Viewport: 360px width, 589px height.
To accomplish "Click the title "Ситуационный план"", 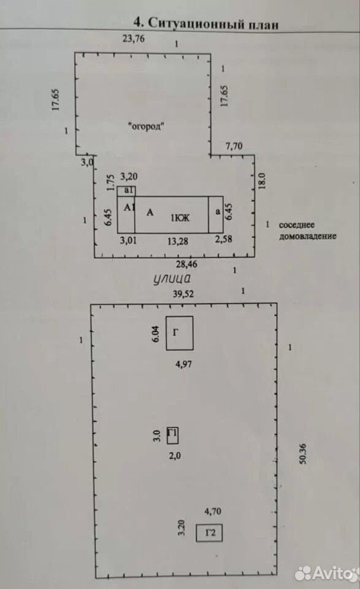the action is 213,24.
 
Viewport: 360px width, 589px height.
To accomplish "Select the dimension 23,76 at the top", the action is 134,38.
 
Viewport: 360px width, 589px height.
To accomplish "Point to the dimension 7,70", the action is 234,146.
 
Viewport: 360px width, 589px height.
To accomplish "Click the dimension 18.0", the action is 262,180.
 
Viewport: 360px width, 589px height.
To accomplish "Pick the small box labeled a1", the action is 126,191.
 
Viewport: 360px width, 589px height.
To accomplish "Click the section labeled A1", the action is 126,215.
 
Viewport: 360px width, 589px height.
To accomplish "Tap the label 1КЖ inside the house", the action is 180,217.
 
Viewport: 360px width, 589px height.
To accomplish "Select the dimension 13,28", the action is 178,241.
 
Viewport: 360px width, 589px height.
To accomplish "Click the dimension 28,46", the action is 186,264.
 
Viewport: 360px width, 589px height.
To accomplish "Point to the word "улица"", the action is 172,279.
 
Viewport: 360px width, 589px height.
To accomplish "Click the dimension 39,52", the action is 183,293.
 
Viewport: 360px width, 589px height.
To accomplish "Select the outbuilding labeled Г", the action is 180,333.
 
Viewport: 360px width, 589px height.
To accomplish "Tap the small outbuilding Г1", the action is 172,436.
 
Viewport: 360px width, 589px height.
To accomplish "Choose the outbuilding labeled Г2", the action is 210,533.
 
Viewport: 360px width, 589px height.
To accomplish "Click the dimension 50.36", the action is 303,453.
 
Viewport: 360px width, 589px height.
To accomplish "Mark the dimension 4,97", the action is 183,364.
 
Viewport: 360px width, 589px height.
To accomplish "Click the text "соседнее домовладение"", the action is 307,230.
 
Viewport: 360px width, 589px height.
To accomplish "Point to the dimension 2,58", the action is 223,239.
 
